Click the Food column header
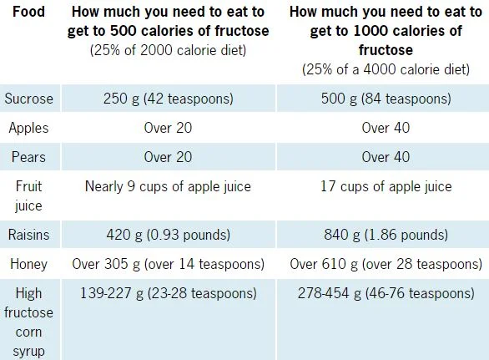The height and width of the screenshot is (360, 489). (28, 14)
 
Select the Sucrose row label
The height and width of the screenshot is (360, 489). (29, 99)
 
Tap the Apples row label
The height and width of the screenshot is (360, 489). (29, 128)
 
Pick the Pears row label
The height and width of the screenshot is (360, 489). (29, 157)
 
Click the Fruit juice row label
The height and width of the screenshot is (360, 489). (29, 194)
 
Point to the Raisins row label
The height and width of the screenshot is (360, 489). (29, 236)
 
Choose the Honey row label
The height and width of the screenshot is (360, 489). (29, 265)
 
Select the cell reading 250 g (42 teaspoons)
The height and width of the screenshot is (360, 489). (169, 99)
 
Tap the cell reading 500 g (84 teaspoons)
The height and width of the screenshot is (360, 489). (386, 99)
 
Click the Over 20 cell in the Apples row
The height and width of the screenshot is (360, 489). (169, 128)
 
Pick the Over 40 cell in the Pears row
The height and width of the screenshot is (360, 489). (386, 157)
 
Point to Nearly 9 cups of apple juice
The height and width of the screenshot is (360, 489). (169, 185)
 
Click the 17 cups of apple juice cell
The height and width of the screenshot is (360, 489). (386, 185)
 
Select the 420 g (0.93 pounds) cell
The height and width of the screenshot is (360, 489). (169, 236)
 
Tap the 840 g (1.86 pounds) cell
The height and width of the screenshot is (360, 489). (386, 236)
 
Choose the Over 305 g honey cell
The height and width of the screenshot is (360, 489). (169, 265)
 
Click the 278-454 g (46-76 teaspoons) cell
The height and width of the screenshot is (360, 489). (386, 294)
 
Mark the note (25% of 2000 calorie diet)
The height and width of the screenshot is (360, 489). (169, 49)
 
